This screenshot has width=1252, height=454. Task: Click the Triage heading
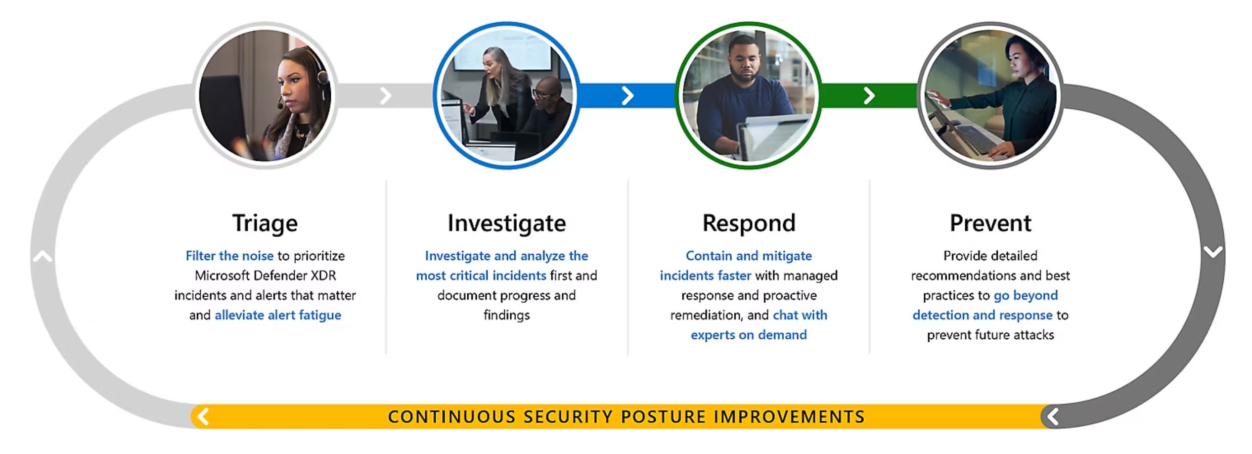coord(265,224)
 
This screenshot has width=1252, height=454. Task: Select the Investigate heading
coord(507,224)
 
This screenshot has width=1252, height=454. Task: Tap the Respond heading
coord(749,224)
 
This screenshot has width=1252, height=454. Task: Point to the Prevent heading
coord(990,224)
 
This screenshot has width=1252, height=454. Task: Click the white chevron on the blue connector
coord(627,95)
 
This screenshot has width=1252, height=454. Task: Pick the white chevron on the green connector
coord(869,95)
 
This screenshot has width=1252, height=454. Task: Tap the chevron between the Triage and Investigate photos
coord(386,95)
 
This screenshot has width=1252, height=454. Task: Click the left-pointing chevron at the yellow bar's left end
coord(203,416)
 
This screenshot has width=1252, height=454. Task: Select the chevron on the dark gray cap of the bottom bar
coord(1053,416)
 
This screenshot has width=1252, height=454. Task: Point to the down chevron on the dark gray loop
coord(1213,252)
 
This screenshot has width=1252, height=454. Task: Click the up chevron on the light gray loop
coord(43,256)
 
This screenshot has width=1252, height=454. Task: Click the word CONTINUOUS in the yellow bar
coord(451,417)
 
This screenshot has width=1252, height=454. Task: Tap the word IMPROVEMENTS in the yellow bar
coord(789,417)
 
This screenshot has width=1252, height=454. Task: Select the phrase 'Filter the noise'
coord(229,256)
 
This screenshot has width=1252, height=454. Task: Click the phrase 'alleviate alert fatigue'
coord(278,315)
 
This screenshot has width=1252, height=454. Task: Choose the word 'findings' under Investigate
coord(507,315)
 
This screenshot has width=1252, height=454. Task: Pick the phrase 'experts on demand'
coord(749,335)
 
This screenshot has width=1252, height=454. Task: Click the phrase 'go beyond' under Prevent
coord(1026,295)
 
